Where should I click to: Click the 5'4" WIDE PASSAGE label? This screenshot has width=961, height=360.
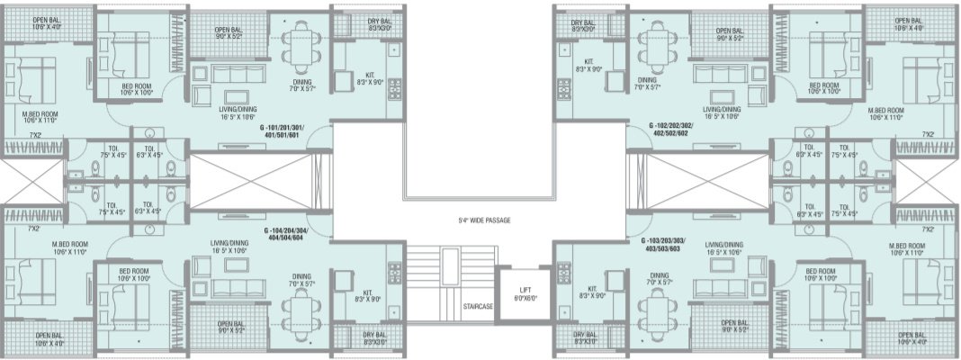(480, 218)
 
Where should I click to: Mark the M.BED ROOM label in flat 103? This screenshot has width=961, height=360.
(908, 249)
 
